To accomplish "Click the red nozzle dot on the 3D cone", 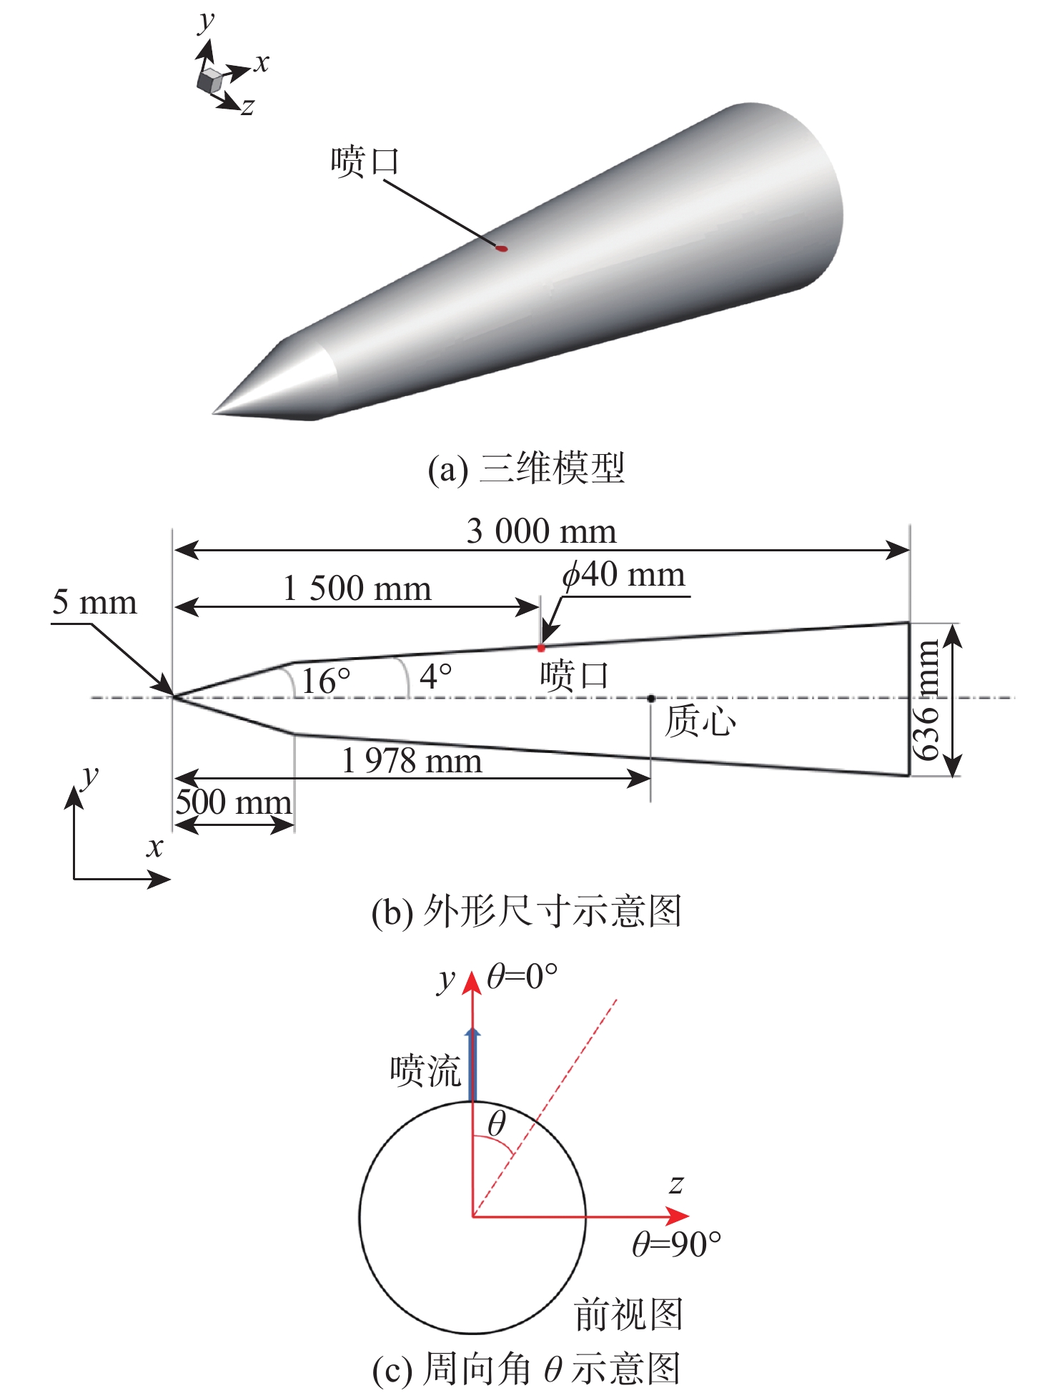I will click(502, 249).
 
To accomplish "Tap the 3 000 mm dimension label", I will click(541, 531).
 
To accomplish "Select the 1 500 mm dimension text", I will click(357, 589).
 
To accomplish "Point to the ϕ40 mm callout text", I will click(624, 574).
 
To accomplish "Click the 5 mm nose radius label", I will click(94, 603).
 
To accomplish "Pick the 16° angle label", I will click(326, 680).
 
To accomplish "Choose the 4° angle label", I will click(436, 676).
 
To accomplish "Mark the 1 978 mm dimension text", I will click(412, 760).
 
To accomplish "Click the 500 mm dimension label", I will click(234, 802).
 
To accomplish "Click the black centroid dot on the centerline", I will click(651, 698).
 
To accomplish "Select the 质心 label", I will click(700, 721).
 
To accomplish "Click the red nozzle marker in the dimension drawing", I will click(541, 648).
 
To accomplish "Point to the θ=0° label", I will click(522, 976).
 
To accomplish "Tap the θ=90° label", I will click(676, 1245).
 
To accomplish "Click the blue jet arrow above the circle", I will click(472, 1065).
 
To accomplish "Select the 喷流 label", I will click(425, 1071).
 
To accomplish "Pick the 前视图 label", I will click(629, 1315).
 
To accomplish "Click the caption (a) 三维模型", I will click(526, 468).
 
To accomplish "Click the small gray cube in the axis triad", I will click(209, 81).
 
